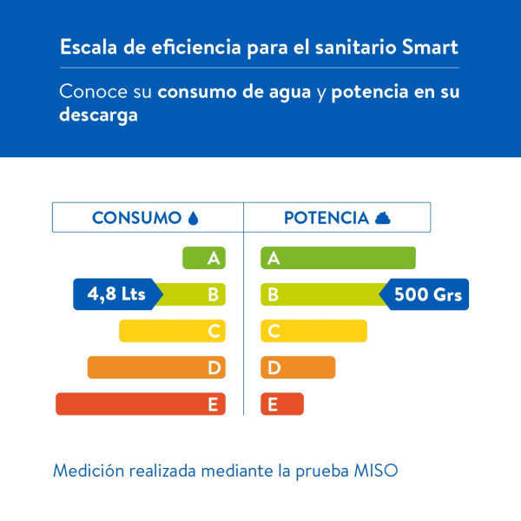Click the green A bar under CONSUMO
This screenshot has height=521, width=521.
204,258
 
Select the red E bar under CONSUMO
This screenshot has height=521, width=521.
140,404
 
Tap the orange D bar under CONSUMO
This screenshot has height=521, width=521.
156,367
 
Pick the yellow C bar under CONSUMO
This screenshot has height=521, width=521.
172,331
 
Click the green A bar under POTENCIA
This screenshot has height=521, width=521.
339,258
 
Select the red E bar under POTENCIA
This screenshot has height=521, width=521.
282,404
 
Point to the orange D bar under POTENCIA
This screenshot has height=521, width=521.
298,367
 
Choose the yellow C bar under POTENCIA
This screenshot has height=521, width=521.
314,331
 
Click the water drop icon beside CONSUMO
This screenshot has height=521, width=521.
193,218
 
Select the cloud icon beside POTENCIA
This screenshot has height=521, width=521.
382,218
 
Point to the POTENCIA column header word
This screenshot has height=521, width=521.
326,218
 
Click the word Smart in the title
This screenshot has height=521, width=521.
430,47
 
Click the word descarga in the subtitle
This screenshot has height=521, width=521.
98,115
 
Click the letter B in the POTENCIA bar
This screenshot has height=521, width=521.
273,294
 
